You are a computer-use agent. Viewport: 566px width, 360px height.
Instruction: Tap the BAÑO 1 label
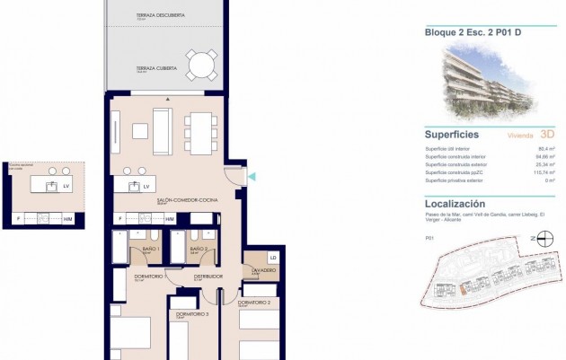(x=151, y=250)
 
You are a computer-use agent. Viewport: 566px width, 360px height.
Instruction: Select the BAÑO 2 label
(x=199, y=250)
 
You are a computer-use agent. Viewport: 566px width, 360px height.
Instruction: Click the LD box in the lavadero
(x=273, y=259)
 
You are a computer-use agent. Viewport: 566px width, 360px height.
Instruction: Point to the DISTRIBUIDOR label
(x=208, y=277)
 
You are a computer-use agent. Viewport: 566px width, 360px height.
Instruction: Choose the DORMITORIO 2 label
(x=254, y=303)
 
